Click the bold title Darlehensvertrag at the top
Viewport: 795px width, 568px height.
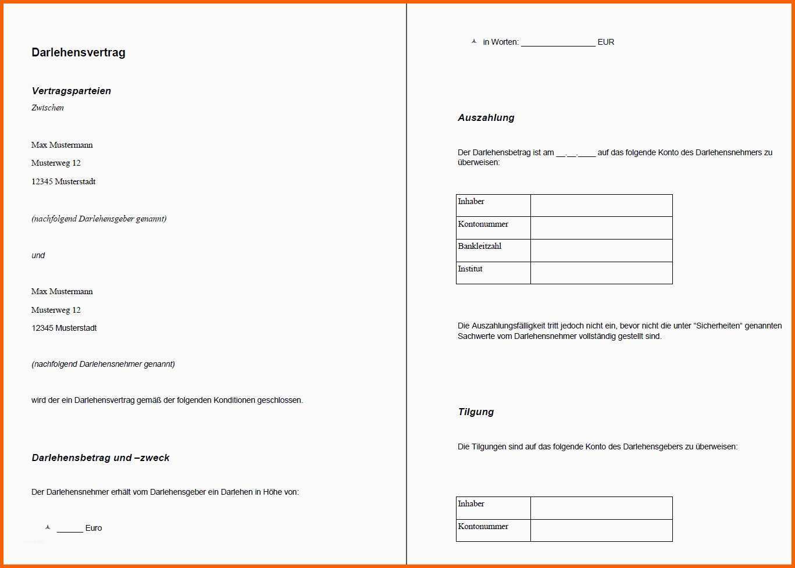coord(79,52)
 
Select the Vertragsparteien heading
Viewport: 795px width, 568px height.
coord(71,91)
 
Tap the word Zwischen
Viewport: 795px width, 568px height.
coord(48,108)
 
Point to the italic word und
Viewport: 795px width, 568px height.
coord(38,255)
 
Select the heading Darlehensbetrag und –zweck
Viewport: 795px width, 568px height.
coord(101,458)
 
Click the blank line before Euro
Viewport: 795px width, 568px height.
coord(70,529)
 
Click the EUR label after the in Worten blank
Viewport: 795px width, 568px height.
coord(606,42)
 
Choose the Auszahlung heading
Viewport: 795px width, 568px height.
coord(486,117)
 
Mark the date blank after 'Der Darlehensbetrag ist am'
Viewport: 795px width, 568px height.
coord(576,153)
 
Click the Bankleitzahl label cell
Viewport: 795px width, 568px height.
coord(480,247)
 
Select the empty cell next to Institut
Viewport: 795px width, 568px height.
coord(601,273)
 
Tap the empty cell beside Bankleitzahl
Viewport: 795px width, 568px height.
coord(601,250)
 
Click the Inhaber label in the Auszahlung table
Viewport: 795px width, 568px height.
coord(471,202)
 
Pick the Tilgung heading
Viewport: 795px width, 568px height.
coord(476,412)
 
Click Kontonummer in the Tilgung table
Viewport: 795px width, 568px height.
coord(483,526)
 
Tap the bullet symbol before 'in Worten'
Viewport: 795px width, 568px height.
coord(474,41)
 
